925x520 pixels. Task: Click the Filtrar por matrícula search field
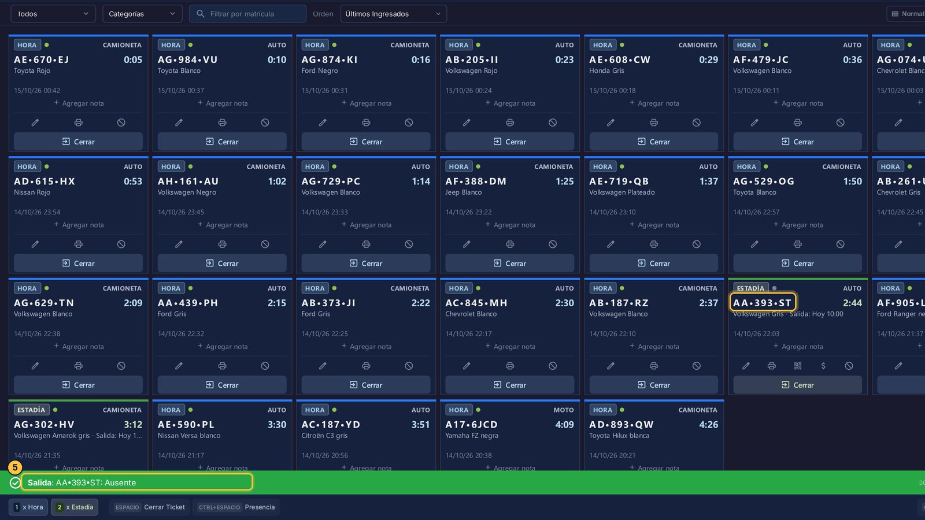(x=247, y=14)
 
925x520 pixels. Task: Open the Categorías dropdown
(x=142, y=14)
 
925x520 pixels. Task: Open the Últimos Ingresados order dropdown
(x=393, y=14)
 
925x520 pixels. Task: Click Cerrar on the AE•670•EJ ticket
(x=79, y=142)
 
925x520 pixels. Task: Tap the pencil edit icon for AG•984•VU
(x=179, y=122)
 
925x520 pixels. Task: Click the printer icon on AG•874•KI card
(x=366, y=122)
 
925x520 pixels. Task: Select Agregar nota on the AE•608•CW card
(x=654, y=103)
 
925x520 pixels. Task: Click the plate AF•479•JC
(x=761, y=60)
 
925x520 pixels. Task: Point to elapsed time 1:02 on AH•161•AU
(x=277, y=181)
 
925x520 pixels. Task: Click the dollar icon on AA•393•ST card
(x=823, y=366)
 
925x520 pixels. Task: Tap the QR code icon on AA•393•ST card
(x=798, y=366)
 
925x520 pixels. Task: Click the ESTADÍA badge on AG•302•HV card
(x=31, y=410)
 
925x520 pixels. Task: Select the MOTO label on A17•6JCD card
(x=564, y=410)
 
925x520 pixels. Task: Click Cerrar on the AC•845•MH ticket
(x=510, y=385)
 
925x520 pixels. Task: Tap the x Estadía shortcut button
(x=75, y=507)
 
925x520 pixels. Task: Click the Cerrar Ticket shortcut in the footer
(x=150, y=507)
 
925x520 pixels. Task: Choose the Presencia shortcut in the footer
(x=236, y=507)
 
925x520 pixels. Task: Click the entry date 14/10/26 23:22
(x=468, y=212)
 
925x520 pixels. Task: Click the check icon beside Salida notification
(x=15, y=483)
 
